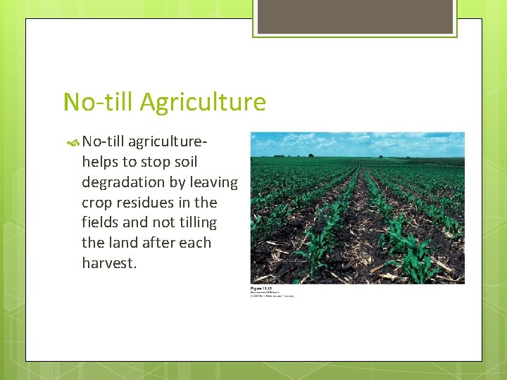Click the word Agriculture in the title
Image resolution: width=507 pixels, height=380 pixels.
click(x=203, y=103)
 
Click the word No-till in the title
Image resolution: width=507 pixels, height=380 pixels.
click(x=98, y=103)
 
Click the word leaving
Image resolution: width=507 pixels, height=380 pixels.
click(x=214, y=182)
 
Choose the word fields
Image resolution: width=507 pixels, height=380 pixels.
click(x=101, y=222)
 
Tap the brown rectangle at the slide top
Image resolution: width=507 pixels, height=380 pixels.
click(x=354, y=16)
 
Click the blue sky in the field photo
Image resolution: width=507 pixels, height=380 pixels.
click(x=358, y=142)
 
